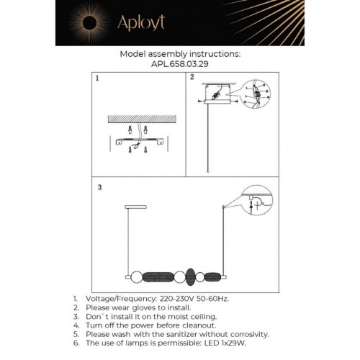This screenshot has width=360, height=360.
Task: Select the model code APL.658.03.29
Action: point(179,63)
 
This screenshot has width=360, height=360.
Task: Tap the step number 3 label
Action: point(100,186)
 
